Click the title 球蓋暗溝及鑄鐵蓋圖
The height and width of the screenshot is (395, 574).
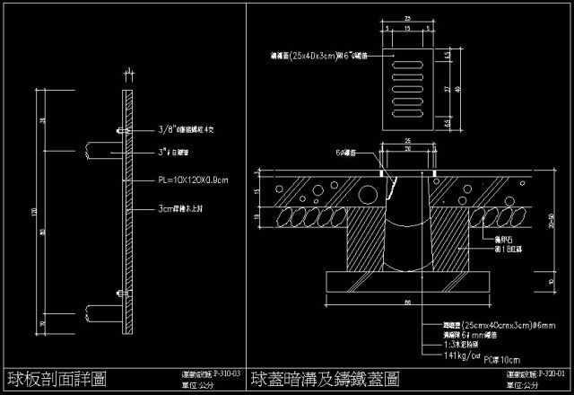click(325, 378)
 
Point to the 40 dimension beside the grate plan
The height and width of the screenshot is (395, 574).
click(457, 88)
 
